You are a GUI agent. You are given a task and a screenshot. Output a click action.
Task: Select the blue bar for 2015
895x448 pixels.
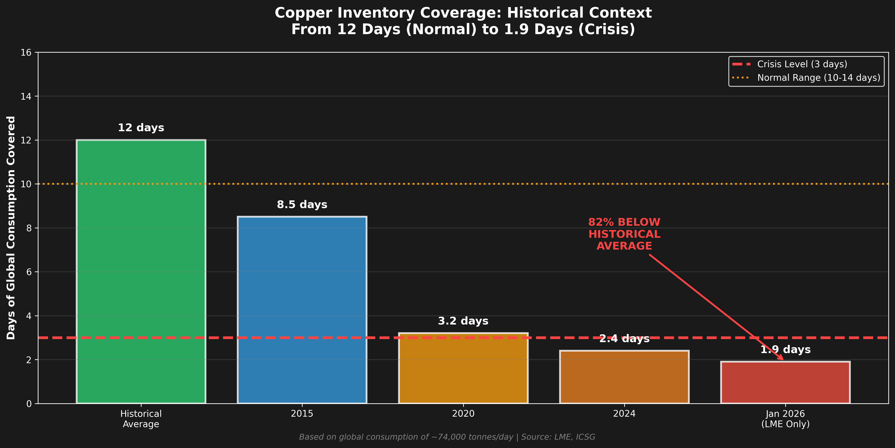[x=302, y=309]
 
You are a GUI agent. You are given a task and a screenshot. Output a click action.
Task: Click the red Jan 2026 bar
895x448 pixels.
[x=785, y=382]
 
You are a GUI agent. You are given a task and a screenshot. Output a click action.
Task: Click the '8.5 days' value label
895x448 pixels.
[x=302, y=204]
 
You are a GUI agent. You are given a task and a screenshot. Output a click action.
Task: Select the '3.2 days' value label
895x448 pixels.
[x=463, y=321]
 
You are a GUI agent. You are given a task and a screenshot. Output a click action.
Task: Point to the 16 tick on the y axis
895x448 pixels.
[x=26, y=52]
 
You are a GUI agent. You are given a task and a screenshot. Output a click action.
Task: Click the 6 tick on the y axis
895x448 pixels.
[x=29, y=272]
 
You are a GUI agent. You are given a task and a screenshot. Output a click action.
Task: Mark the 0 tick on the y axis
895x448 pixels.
[x=29, y=404]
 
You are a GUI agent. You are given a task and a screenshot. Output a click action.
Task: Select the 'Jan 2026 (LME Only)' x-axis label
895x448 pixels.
[x=785, y=419]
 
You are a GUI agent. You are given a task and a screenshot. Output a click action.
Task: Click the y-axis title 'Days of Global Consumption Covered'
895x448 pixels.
[x=11, y=228]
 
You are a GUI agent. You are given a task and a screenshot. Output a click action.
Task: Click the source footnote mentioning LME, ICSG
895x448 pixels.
[x=447, y=437]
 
